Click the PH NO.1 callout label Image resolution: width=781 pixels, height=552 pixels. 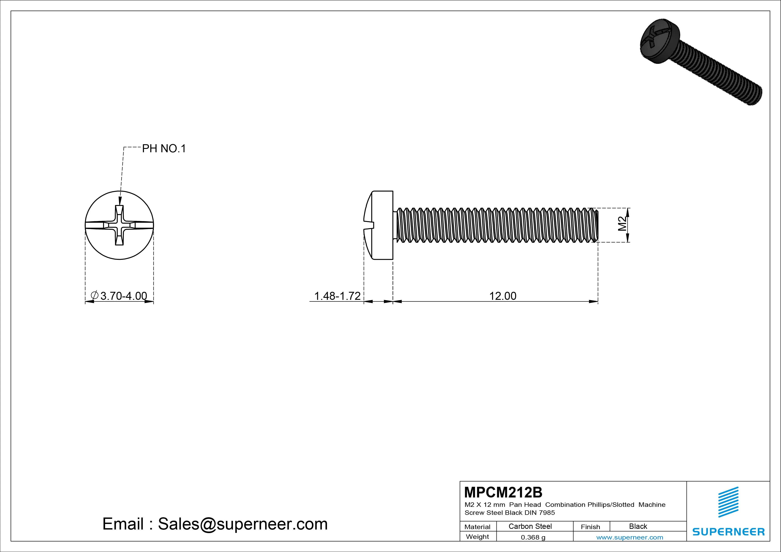click(164, 149)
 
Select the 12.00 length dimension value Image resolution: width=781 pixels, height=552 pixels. click(503, 296)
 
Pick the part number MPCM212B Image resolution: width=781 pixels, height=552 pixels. click(503, 492)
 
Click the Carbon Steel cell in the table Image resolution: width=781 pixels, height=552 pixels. click(530, 526)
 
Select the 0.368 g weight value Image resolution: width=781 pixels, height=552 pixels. click(533, 537)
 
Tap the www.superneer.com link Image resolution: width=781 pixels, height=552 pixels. click(630, 537)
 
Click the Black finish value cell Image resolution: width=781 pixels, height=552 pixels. click(638, 526)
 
